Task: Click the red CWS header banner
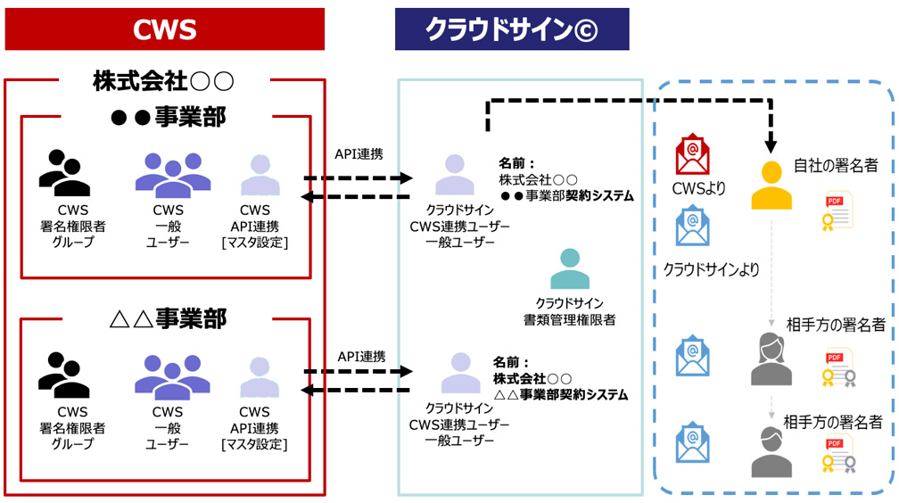pyautogui.click(x=164, y=29)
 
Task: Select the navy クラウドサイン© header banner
pyautogui.click(x=512, y=29)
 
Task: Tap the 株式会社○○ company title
pyautogui.click(x=163, y=82)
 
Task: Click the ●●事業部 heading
pyautogui.click(x=166, y=116)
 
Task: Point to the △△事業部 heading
pyautogui.click(x=166, y=317)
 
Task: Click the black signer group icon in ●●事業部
pyautogui.click(x=63, y=172)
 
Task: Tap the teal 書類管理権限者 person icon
pyautogui.click(x=569, y=268)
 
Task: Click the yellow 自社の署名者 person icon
pyautogui.click(x=771, y=186)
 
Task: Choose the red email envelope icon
pyautogui.click(x=693, y=154)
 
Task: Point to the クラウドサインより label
pyautogui.click(x=711, y=268)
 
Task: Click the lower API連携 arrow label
pyautogui.click(x=361, y=356)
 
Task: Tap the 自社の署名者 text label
pyautogui.click(x=836, y=165)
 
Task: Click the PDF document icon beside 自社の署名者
pyautogui.click(x=838, y=210)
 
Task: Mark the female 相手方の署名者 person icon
pyautogui.click(x=771, y=359)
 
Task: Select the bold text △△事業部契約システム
pyautogui.click(x=560, y=394)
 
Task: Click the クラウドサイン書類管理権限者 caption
pyautogui.click(x=569, y=311)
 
